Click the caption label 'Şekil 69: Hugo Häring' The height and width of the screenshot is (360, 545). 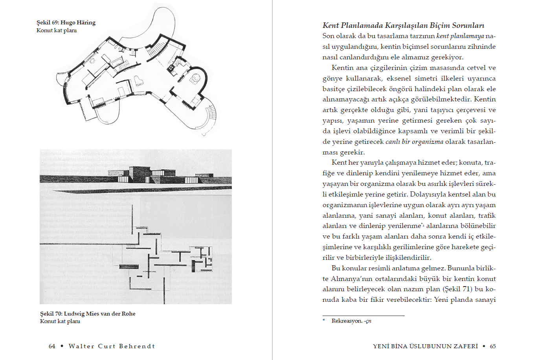click(x=66, y=23)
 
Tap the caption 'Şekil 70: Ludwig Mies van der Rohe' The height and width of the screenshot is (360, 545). click(x=88, y=314)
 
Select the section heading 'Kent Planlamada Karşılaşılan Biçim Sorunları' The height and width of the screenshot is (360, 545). click(x=403, y=26)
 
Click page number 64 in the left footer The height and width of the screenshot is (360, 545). click(x=52, y=346)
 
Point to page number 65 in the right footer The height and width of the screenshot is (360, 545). click(x=493, y=346)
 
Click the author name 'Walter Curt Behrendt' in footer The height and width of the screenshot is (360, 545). click(x=112, y=346)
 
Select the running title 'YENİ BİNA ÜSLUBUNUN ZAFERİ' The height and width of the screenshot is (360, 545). click(x=425, y=346)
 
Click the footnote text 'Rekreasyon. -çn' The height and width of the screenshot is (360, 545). click(x=351, y=321)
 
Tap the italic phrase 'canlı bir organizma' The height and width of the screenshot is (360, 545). click(x=414, y=141)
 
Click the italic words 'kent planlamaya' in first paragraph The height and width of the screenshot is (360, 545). click(x=460, y=36)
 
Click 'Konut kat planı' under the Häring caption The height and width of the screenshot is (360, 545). click(x=57, y=30)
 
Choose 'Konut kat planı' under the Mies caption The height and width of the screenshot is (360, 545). click(x=60, y=321)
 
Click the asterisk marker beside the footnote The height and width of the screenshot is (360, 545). click(x=324, y=320)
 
